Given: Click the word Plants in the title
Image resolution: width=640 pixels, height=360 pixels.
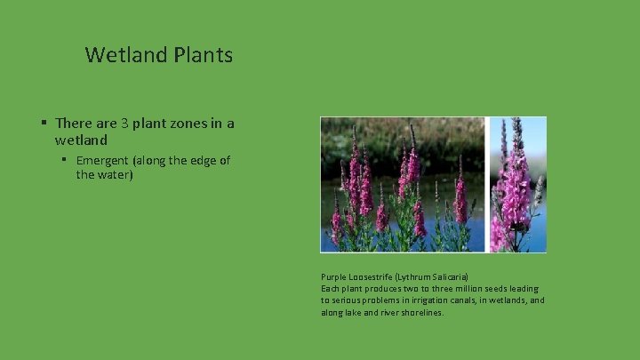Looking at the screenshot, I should [204, 55].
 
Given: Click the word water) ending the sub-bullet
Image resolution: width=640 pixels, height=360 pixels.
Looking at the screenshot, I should [114, 175].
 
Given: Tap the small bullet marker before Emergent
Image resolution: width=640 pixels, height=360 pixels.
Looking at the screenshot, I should [65, 160].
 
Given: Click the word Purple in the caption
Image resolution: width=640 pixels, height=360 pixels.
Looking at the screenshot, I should [334, 277].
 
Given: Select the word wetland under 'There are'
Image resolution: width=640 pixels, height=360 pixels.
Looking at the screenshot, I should [81, 140].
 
